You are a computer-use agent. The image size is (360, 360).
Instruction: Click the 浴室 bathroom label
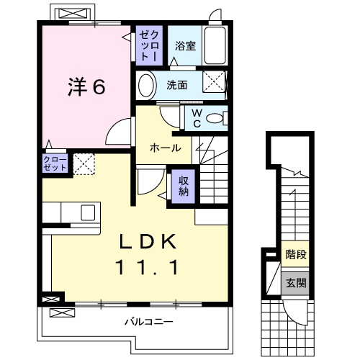tap(184, 46)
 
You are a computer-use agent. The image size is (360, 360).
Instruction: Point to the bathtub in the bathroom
tap(215, 45)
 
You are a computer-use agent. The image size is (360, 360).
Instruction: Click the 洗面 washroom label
tap(176, 85)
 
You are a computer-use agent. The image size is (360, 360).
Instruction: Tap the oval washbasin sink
tap(146, 85)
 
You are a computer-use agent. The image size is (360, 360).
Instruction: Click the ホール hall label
tap(165, 148)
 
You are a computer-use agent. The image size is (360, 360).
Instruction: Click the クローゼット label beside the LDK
tap(55, 163)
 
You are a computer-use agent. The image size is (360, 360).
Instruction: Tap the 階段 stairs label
tap(294, 253)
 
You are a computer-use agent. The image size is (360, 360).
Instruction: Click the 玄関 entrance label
tap(294, 282)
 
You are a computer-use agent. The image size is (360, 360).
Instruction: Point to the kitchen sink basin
tap(87, 212)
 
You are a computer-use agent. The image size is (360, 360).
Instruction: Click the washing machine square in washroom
tap(214, 81)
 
